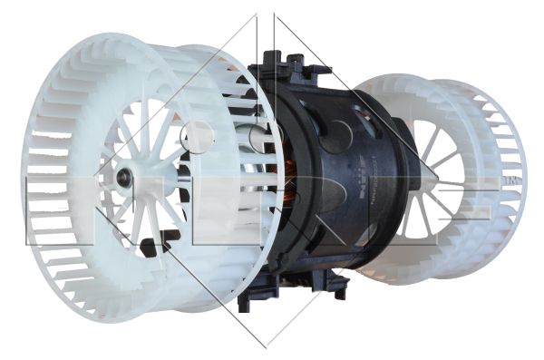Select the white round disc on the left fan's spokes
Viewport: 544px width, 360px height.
pos(197,137)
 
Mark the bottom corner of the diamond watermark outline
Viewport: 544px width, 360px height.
pos(266,346)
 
